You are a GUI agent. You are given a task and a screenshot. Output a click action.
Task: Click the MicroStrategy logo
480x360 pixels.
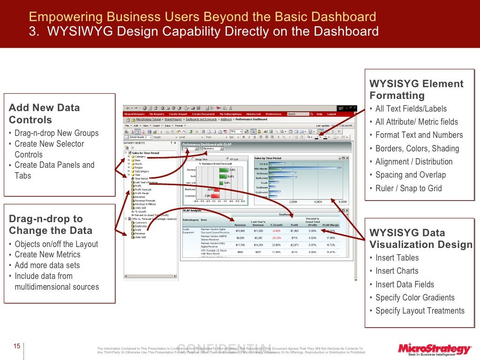[x=434, y=349]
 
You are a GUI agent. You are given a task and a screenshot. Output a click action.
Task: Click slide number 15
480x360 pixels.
[x=16, y=346]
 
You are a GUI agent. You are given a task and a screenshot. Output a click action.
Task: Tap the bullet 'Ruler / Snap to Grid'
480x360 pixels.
[x=408, y=188]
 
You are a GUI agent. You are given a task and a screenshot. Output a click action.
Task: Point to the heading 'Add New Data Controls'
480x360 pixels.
[x=44, y=113]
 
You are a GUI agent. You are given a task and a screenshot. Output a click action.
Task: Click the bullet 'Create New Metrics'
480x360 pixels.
[x=47, y=255]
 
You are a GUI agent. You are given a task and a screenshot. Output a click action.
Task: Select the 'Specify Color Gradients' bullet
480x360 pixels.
[x=415, y=298]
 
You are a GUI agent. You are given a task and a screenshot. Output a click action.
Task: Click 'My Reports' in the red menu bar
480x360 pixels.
[x=157, y=114]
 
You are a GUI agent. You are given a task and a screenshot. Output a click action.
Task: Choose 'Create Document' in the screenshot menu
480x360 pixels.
[x=203, y=114]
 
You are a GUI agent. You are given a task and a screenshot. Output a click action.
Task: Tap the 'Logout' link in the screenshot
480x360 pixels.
[x=331, y=114]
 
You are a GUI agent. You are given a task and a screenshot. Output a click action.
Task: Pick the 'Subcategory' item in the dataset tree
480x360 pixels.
[x=142, y=171]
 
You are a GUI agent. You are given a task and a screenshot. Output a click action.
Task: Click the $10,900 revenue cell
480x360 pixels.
[x=240, y=231]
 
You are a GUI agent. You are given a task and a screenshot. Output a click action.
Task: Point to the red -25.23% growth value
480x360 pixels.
[x=276, y=238]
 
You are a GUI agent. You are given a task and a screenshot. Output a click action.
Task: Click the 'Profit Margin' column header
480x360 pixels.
[x=330, y=225]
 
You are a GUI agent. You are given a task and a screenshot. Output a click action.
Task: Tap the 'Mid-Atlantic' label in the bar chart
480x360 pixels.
[x=262, y=168]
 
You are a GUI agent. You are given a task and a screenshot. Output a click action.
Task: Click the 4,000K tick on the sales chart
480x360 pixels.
[x=318, y=202]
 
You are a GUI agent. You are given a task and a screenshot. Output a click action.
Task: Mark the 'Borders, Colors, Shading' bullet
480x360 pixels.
[x=417, y=149]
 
